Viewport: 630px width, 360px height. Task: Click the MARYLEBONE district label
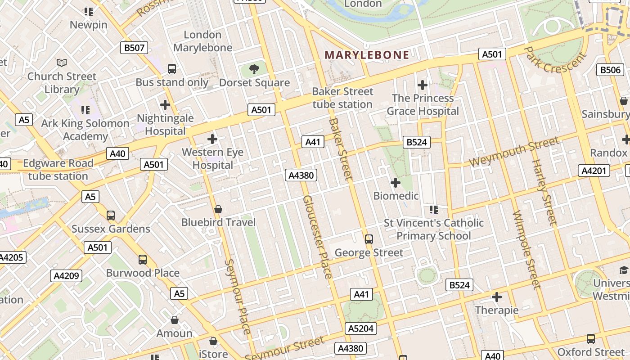coord(367,55)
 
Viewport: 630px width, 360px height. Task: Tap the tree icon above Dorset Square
coord(254,69)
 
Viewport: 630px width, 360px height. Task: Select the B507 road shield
coord(134,48)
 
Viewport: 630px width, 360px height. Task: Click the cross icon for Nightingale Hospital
coord(165,105)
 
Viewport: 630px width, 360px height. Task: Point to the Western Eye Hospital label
coord(212,159)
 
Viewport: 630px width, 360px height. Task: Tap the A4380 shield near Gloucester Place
coord(301,175)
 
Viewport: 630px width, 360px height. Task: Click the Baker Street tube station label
coord(342,98)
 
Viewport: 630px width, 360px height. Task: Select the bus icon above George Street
coord(369,239)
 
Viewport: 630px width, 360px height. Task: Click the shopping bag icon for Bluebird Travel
coord(218,209)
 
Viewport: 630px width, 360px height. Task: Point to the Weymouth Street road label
coord(514,153)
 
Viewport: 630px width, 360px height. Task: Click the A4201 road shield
coord(594,171)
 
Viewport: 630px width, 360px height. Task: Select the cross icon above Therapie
coord(497,297)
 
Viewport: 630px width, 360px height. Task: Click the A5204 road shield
coord(361,328)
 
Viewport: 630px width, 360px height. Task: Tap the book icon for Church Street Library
coord(62,63)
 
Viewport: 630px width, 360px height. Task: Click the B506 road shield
coord(611,70)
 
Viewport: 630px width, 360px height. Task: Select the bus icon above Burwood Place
coord(143,260)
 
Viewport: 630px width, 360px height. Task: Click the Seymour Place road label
coord(237,297)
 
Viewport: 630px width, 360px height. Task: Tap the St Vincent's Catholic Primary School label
coord(433,229)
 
